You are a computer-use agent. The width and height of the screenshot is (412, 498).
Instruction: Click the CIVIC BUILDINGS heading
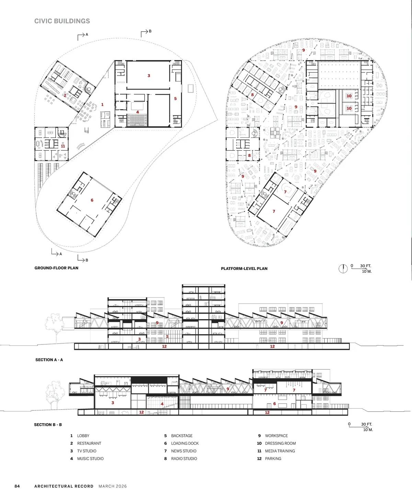click(x=62, y=21)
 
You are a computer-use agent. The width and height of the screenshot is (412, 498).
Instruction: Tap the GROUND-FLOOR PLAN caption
click(x=56, y=268)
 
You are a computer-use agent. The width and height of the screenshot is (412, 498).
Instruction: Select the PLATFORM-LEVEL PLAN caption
click(x=244, y=268)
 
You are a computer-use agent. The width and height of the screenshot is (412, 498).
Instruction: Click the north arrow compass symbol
click(x=343, y=269)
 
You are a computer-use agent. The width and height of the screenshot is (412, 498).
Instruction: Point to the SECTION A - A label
click(x=49, y=360)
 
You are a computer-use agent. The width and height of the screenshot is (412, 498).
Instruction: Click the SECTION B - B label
click(x=48, y=425)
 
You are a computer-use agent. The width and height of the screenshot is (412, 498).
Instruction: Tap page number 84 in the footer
click(x=17, y=486)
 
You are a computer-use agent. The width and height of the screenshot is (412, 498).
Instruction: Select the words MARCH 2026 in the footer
click(x=113, y=486)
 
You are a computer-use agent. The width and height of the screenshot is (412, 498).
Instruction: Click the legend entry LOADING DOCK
click(x=185, y=443)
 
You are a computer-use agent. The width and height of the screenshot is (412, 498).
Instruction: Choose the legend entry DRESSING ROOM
click(x=280, y=443)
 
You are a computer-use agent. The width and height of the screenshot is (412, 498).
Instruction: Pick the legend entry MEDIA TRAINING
click(x=280, y=451)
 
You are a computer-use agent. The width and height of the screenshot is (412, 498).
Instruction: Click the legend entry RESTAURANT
click(x=89, y=443)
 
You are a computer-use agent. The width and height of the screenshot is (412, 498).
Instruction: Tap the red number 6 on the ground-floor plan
click(x=92, y=200)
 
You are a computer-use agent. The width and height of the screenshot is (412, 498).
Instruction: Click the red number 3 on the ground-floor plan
click(x=149, y=76)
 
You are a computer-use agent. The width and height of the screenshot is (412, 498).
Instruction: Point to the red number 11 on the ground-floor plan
click(x=63, y=146)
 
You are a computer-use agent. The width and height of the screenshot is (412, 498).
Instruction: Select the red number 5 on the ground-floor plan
click(x=175, y=99)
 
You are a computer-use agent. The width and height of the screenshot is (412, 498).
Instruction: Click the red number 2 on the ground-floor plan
click(x=65, y=95)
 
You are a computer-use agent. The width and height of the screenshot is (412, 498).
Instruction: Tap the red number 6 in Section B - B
click(x=274, y=404)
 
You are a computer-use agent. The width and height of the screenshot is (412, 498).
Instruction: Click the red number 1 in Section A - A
click(x=167, y=336)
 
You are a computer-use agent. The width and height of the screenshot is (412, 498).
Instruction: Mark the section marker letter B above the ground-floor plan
click(x=150, y=31)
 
